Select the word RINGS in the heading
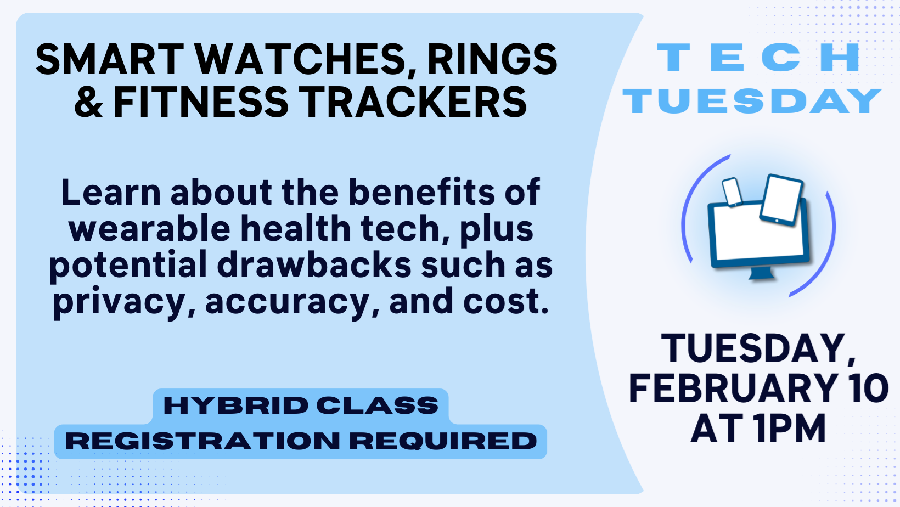click(x=492, y=59)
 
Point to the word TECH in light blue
click(x=758, y=58)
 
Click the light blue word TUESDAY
click(x=752, y=101)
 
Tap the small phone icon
click(x=732, y=192)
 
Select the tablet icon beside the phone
click(x=781, y=199)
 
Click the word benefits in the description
click(x=421, y=192)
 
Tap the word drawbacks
click(x=314, y=265)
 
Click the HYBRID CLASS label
click(x=301, y=405)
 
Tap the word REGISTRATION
click(x=203, y=441)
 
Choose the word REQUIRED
click(x=443, y=441)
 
